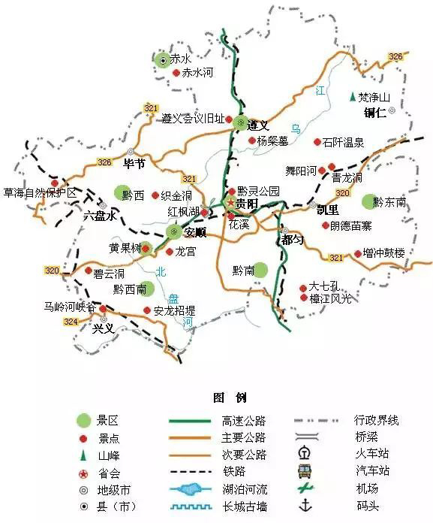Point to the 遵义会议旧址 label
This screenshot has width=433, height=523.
point(193,119)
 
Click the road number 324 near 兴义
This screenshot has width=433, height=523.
point(71,322)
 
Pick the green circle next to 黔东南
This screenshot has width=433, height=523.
point(367,201)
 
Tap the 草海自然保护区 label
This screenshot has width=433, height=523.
point(40,193)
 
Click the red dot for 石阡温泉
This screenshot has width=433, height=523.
point(317,141)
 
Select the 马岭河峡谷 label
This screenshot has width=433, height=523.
point(70,307)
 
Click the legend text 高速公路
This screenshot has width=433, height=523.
point(244,420)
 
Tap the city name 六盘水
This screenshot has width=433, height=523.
point(100,216)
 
